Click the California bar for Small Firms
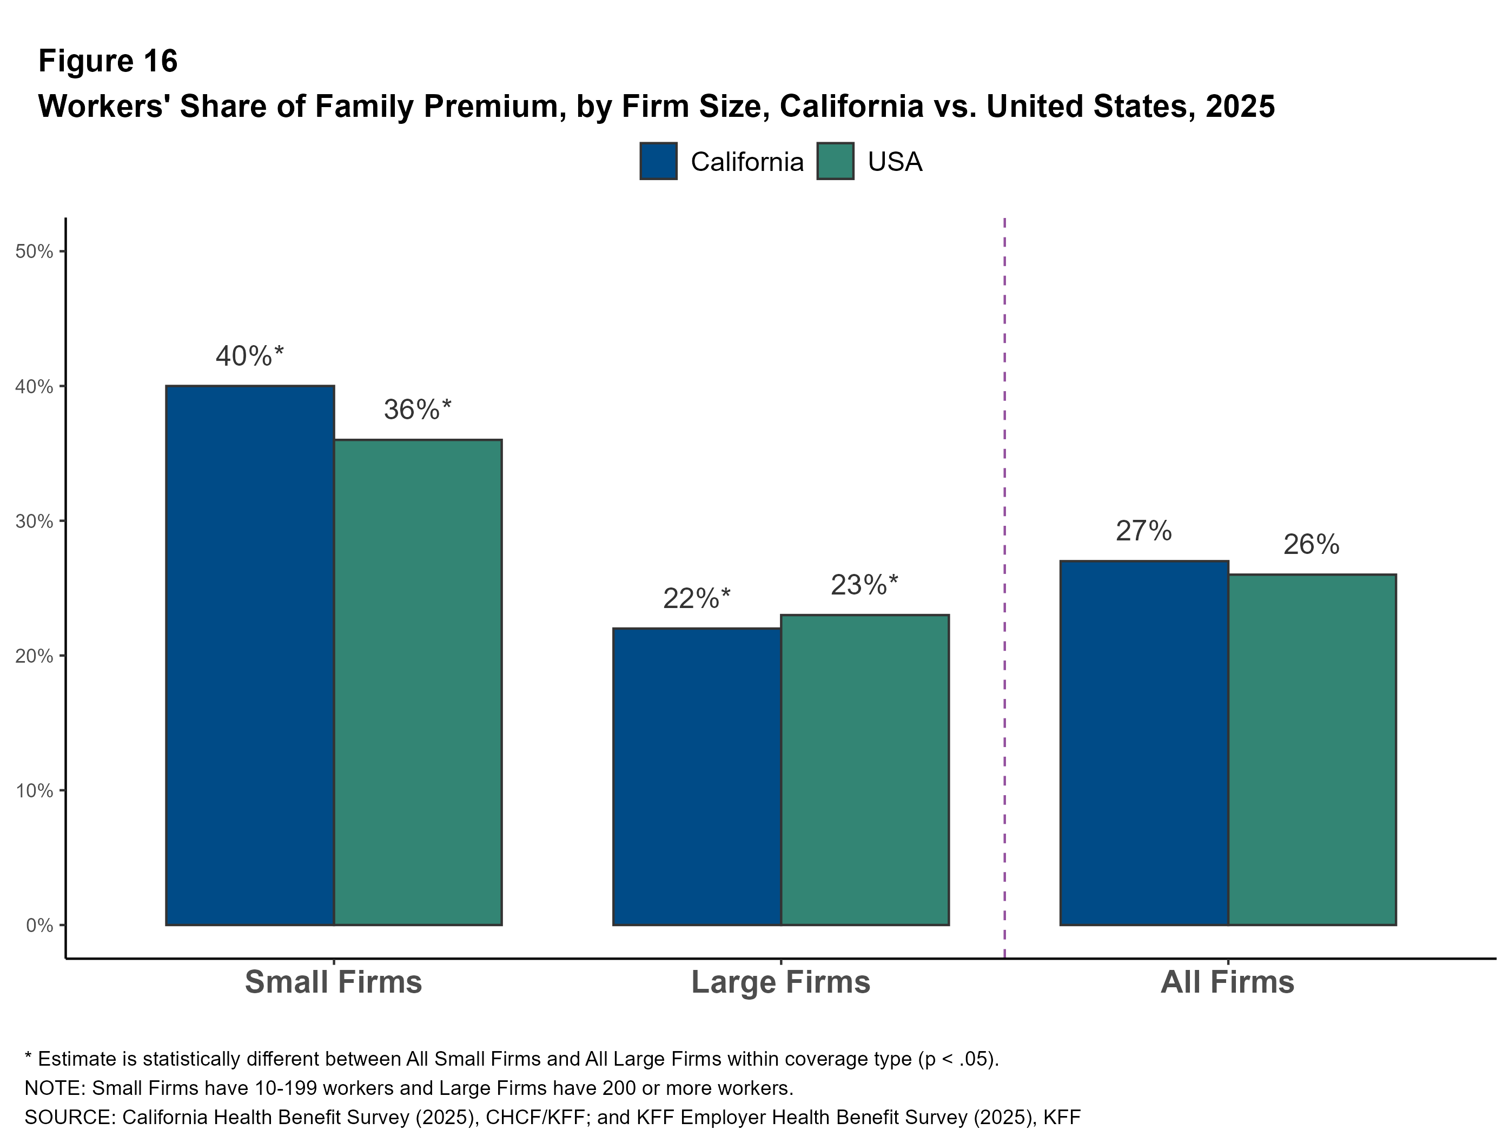[x=250, y=655]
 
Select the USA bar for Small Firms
[x=418, y=682]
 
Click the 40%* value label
[x=249, y=356]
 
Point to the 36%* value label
[x=417, y=410]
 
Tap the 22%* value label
[x=696, y=599]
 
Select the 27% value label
[x=1143, y=531]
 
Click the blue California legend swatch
[x=658, y=161]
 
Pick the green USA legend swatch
[x=835, y=161]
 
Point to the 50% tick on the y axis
[x=34, y=252]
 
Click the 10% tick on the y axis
[x=34, y=791]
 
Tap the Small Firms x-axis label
[x=333, y=982]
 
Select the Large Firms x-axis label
[x=780, y=982]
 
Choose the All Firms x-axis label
[x=1227, y=982]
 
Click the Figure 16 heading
[x=108, y=62]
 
